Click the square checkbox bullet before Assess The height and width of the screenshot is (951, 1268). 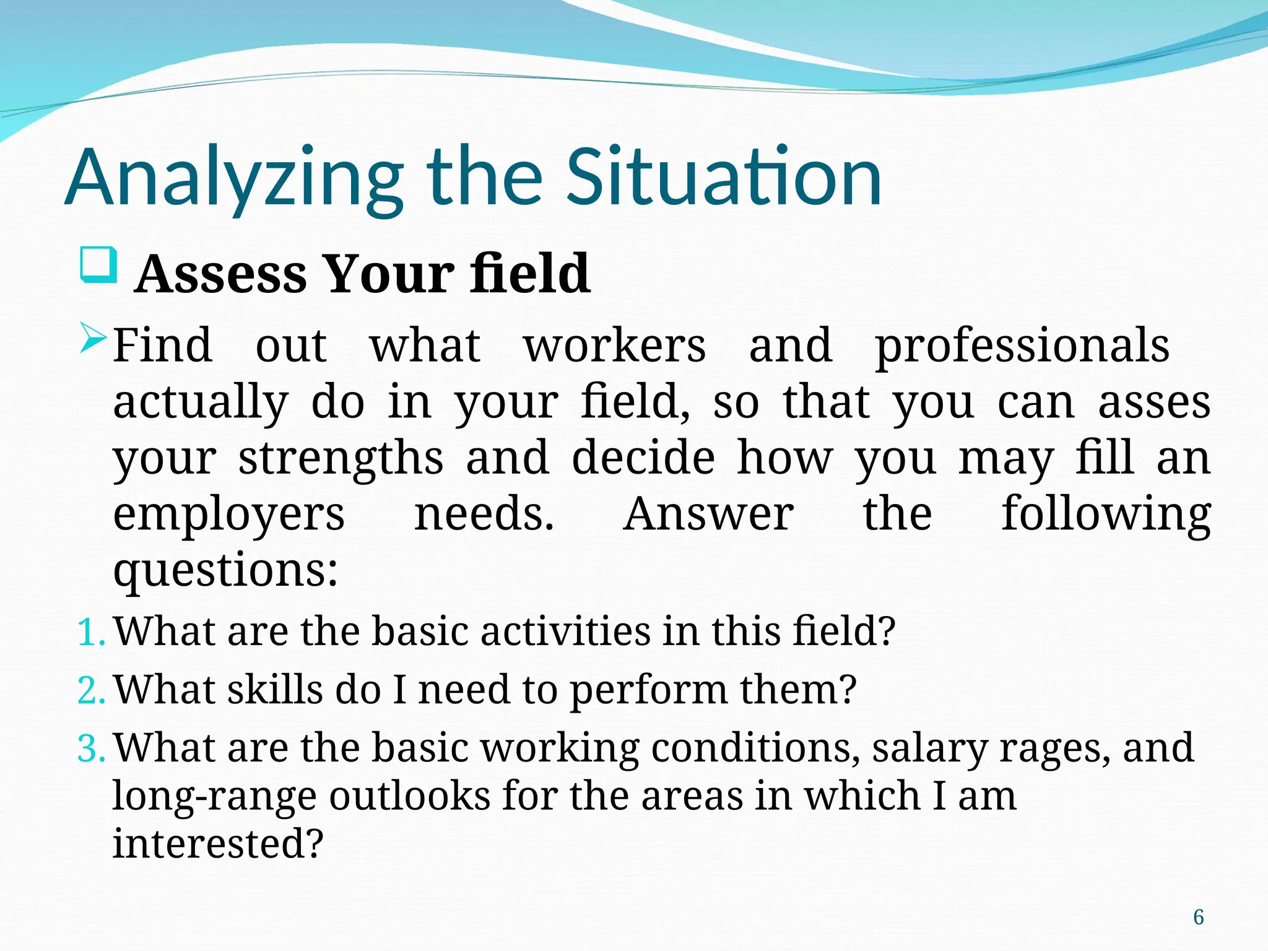coord(98,265)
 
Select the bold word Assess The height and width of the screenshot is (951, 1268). coord(221,274)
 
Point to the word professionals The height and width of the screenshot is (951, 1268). coord(1022,347)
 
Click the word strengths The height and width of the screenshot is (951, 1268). coord(341,459)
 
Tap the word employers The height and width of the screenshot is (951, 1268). coord(228,515)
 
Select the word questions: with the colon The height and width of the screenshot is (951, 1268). coord(225,570)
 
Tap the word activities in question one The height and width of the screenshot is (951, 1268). coord(565,632)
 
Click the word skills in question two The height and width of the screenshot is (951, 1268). coord(274,690)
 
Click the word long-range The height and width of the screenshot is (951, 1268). coord(214,796)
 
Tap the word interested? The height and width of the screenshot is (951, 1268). coord(218,843)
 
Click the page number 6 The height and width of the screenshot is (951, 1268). coord(1199,917)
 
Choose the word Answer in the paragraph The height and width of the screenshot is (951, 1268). coord(708,515)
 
